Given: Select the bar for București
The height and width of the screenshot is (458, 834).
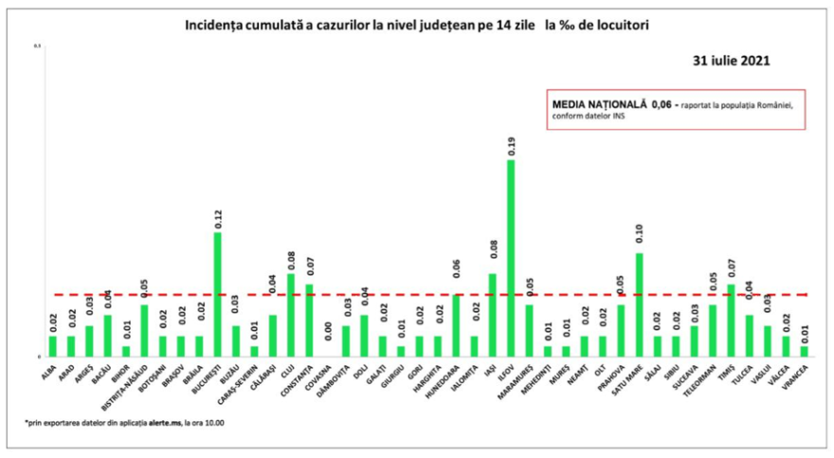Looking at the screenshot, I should coord(217,294).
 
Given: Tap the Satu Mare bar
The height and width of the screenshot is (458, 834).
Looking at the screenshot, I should coord(639,304).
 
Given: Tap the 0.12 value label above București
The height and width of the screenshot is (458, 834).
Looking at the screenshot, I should coord(218,219).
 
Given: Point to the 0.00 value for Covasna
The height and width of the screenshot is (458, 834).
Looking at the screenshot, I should coord(328,331).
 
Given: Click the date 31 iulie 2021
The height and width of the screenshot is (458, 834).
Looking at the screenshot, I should coord(732,59).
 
